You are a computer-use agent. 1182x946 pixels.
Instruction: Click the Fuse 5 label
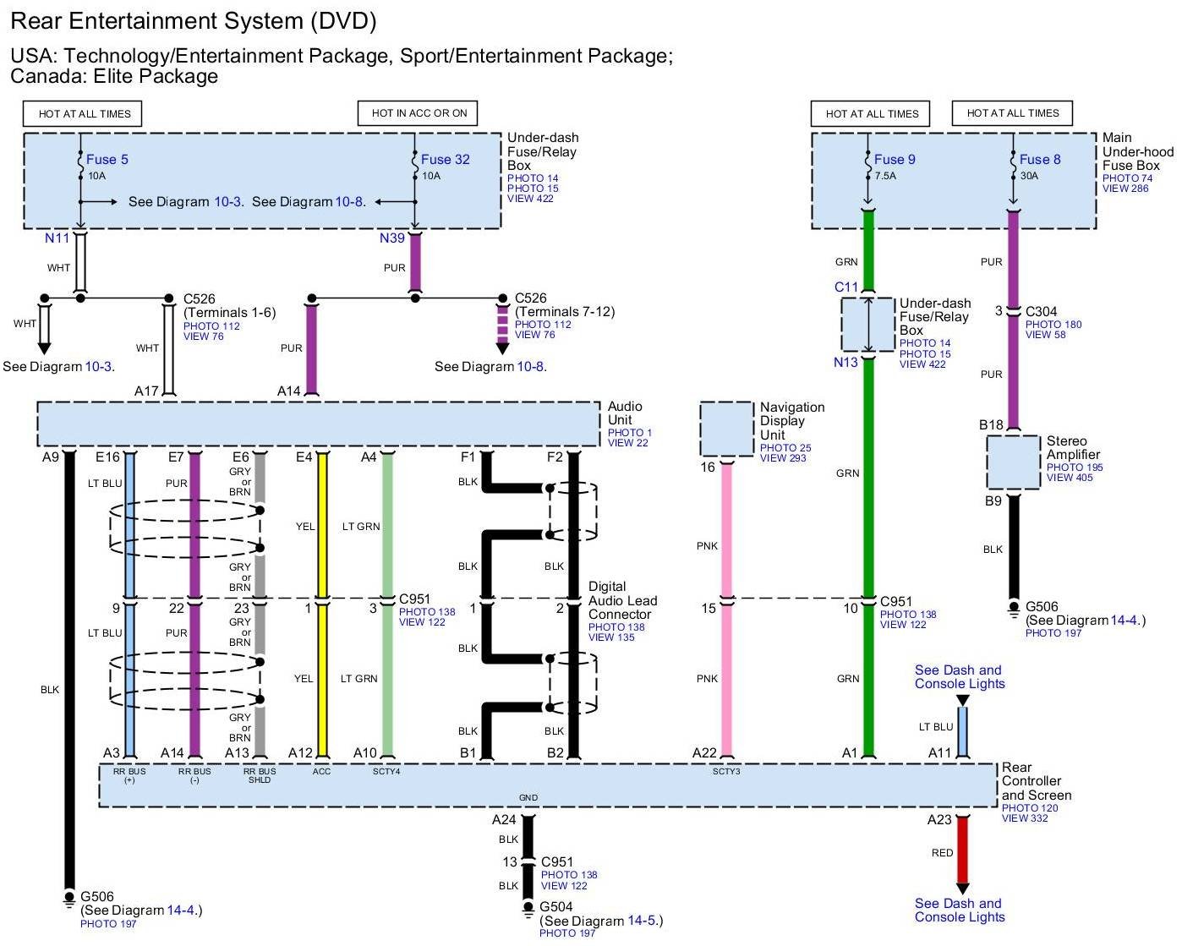point(107,159)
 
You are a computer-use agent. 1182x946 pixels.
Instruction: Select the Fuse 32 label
point(445,159)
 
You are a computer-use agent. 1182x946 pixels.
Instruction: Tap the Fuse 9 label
point(895,159)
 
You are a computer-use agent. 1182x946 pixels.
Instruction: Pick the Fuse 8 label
point(1040,159)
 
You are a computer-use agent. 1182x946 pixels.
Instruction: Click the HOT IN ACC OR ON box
point(419,113)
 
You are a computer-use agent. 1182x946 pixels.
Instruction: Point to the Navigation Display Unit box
point(726,429)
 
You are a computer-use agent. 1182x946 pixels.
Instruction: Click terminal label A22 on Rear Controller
point(704,753)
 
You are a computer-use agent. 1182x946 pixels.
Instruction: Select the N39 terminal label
point(392,238)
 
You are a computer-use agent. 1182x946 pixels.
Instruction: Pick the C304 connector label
point(1041,312)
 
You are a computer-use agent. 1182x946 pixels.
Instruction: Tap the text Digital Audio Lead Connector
point(621,600)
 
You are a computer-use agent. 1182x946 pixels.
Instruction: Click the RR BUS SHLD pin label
point(260,775)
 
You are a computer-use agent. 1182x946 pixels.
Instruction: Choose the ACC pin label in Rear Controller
point(322,771)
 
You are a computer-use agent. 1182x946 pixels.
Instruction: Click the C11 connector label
point(846,287)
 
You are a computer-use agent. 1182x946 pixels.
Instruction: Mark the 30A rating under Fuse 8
point(1029,177)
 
